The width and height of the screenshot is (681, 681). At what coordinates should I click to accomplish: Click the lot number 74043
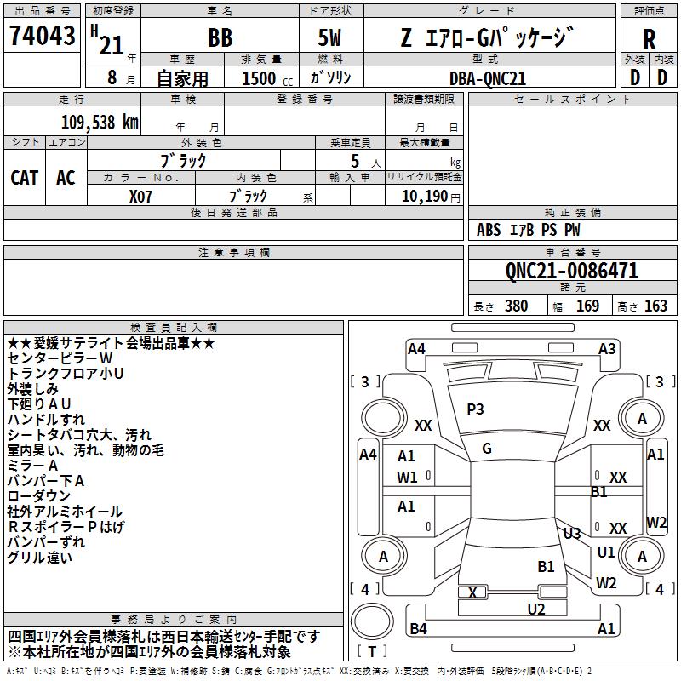pyautogui.click(x=43, y=37)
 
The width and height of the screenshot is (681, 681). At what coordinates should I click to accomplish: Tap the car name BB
pyautogui.click(x=220, y=38)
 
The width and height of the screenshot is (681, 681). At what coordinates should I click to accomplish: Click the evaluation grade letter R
pyautogui.click(x=649, y=39)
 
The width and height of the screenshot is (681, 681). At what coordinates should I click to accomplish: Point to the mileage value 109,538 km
pyautogui.click(x=100, y=123)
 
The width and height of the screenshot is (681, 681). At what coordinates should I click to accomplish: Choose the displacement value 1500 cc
pyautogui.click(x=260, y=78)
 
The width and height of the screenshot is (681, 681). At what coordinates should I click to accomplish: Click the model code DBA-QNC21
pyautogui.click(x=486, y=78)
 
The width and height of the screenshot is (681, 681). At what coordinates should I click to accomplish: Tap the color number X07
pyautogui.click(x=141, y=195)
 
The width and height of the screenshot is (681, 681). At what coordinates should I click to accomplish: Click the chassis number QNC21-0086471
pyautogui.click(x=571, y=272)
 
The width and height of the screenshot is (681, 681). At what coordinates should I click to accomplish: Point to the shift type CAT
pyautogui.click(x=25, y=177)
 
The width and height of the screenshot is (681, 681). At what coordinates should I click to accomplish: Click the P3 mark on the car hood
pyautogui.click(x=475, y=409)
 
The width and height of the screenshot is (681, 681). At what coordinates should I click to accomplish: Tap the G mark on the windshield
pyautogui.click(x=487, y=449)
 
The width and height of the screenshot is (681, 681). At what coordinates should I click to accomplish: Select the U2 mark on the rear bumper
pyautogui.click(x=536, y=609)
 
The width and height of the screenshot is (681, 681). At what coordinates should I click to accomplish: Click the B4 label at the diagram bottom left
pyautogui.click(x=419, y=629)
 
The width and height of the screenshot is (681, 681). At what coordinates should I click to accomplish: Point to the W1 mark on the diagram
pyautogui.click(x=407, y=477)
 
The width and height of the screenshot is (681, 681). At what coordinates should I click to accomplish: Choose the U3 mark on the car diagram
pyautogui.click(x=572, y=534)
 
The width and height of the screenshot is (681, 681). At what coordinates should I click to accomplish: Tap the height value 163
pyautogui.click(x=655, y=306)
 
